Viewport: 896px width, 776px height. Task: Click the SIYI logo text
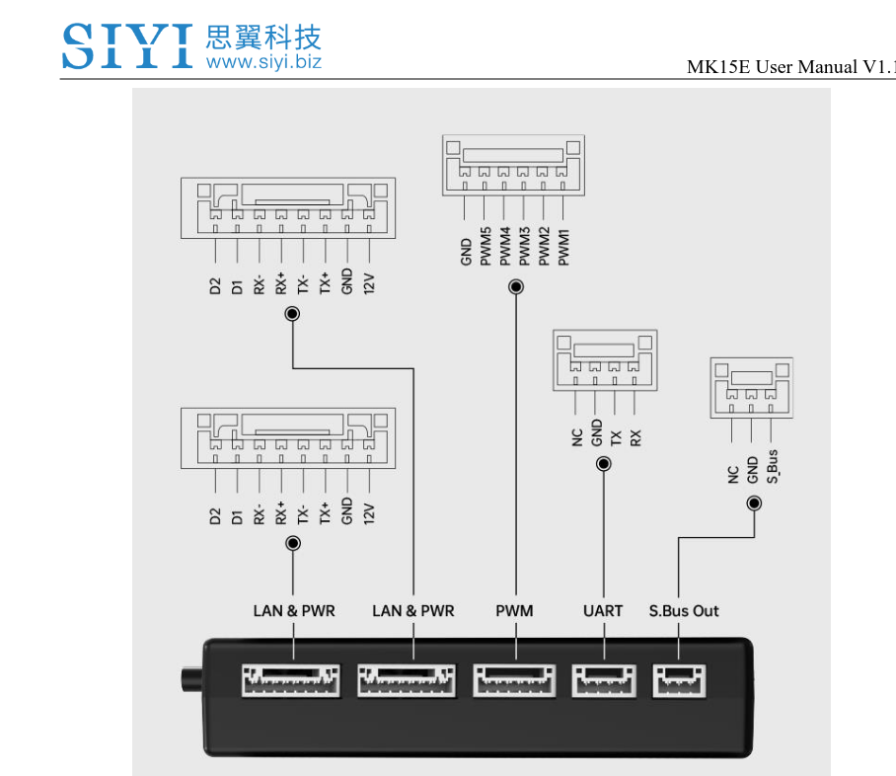click(127, 46)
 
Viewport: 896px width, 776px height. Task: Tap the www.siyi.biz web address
click(263, 62)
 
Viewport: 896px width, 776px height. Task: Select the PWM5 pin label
click(485, 246)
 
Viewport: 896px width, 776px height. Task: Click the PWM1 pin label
click(563, 246)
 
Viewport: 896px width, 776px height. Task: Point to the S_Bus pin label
click(772, 466)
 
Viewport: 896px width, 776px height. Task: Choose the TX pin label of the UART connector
click(616, 437)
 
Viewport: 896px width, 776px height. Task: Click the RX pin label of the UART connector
click(635, 437)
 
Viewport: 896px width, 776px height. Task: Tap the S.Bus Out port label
click(684, 611)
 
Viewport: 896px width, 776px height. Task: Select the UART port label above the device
click(603, 611)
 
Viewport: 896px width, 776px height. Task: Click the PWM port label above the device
click(514, 611)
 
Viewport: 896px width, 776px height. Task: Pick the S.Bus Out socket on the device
click(679, 680)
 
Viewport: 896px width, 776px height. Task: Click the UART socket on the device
click(603, 680)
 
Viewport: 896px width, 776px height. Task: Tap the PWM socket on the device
click(514, 680)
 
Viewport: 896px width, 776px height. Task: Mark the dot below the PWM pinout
click(515, 287)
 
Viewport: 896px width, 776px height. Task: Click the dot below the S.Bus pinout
click(754, 504)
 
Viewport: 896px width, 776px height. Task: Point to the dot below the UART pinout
click(604, 463)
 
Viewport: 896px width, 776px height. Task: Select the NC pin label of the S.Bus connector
click(732, 474)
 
